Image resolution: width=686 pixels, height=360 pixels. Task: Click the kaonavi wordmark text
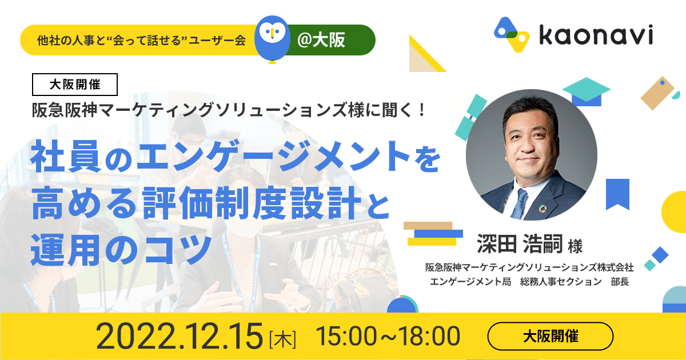[596, 35]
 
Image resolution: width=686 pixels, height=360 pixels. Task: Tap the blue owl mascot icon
[272, 39]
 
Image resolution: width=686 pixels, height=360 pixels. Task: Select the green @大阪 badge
[329, 40]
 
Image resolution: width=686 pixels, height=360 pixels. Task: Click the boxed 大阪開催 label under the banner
[75, 85]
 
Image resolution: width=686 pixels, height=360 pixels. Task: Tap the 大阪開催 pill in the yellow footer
[551, 336]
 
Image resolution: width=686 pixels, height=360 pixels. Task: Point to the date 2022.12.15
[180, 336]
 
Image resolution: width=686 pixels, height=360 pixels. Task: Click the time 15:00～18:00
[388, 336]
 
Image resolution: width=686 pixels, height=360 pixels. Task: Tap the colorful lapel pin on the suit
[543, 209]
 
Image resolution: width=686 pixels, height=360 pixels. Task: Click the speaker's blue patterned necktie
[520, 203]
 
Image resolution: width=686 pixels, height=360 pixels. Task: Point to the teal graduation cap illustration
[587, 91]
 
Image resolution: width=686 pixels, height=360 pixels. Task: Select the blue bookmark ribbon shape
[618, 194]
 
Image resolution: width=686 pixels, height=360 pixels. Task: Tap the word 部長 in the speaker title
[620, 282]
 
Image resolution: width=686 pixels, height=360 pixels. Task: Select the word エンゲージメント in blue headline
[273, 156]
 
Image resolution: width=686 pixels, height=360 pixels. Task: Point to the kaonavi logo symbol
[512, 34]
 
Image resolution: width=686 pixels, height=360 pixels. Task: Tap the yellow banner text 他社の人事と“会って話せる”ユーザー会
[142, 40]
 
